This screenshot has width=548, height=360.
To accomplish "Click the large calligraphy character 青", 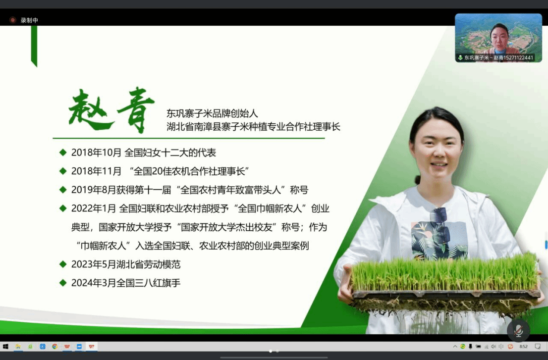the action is pos(136,109).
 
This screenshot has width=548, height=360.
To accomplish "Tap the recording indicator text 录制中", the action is pos(29,20).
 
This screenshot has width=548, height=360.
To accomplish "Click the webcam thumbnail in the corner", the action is pos(498,38).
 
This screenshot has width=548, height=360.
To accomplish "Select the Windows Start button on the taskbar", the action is pos(5,346).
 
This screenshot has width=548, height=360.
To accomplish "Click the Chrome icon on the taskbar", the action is pos(55,346).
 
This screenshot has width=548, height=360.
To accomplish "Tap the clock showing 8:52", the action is pos(523,346).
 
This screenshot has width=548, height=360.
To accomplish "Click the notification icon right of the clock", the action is pos(538,346).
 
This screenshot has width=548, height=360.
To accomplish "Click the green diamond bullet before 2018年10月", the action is pos(63,152).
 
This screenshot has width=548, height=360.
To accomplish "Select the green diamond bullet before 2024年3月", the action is pos(63,282).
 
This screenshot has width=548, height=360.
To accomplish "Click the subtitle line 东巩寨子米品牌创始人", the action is pos(212,113).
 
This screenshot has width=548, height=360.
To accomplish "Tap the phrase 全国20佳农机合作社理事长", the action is pos(189,171).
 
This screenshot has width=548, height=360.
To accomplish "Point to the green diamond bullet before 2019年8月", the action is pos(63,190).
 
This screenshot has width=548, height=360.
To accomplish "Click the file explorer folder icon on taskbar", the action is pos(18,346).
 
